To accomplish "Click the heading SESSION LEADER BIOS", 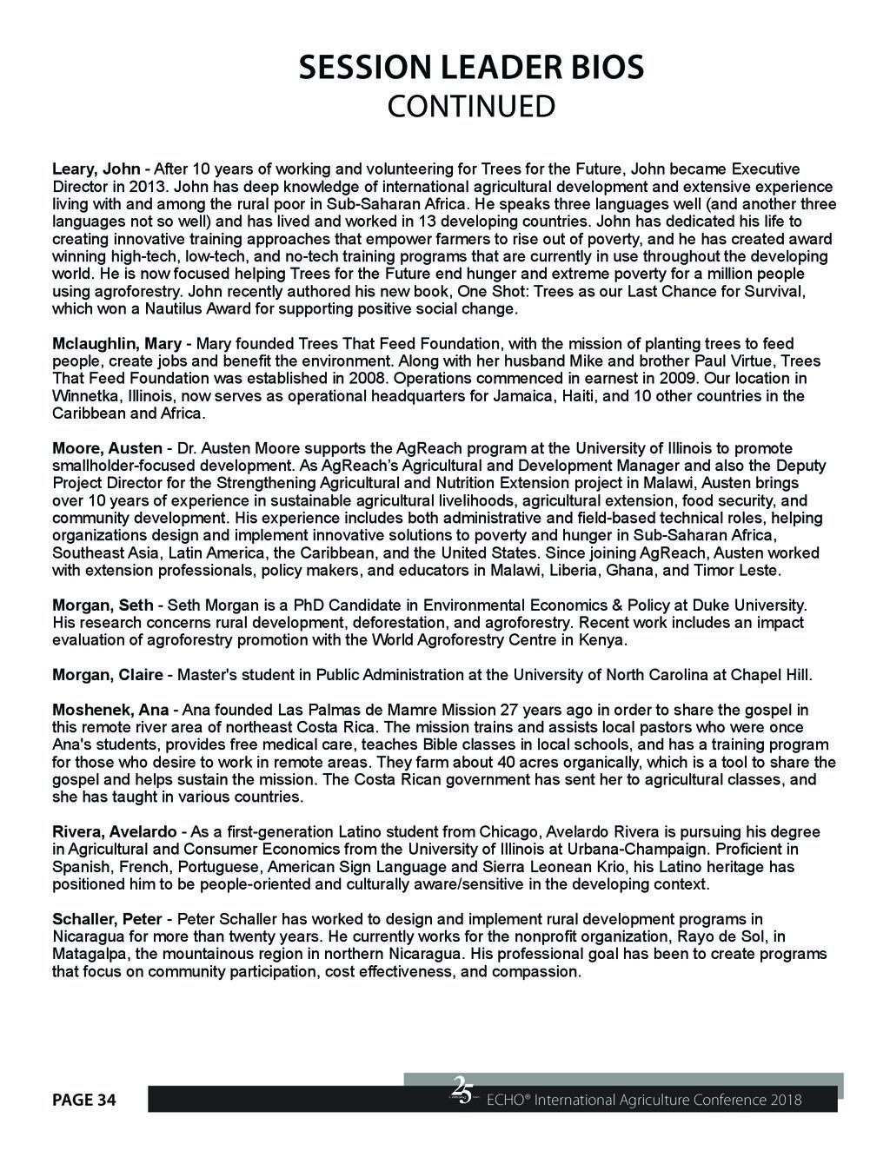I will coord(470,67).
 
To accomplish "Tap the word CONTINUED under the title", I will coord(470,107).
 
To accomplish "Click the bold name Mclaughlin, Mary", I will coord(116,344).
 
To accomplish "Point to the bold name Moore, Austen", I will coord(107,448).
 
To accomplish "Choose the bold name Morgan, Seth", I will coord(103,605).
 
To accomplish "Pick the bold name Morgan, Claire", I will coord(107,675).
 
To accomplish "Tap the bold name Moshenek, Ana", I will coord(110,710).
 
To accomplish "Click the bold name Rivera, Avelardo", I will coord(114,832).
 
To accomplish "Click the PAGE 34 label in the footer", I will coord(84,1101).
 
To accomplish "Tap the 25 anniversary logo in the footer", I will coord(462,1089).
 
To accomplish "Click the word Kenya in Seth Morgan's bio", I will coord(605,640).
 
